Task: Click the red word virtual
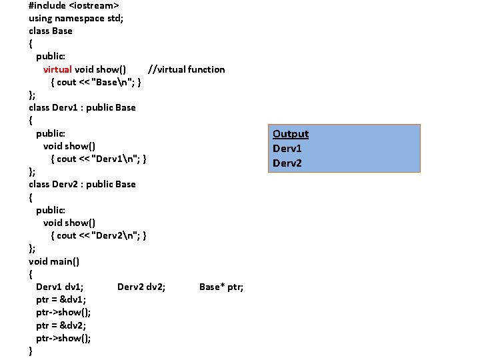(x=57, y=69)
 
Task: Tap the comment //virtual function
(x=186, y=69)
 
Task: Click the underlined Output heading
(x=291, y=134)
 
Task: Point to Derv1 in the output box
(x=287, y=149)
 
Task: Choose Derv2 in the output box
(x=287, y=163)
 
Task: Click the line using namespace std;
(x=76, y=18)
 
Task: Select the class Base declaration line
(x=51, y=31)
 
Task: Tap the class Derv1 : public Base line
(x=82, y=107)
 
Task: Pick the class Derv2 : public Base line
(x=82, y=184)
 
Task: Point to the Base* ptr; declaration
(x=221, y=287)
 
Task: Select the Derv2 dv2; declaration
(x=141, y=287)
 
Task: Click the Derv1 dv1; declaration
(x=60, y=287)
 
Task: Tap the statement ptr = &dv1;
(x=61, y=299)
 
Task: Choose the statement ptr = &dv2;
(x=61, y=325)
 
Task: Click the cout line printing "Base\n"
(x=95, y=82)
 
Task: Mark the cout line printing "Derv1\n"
(x=99, y=159)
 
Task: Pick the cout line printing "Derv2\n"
(x=99, y=235)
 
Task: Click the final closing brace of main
(x=31, y=351)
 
